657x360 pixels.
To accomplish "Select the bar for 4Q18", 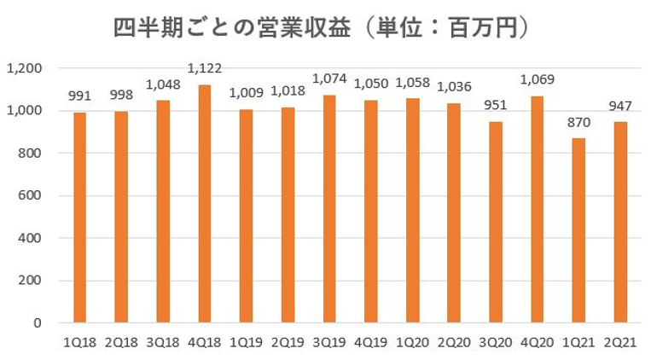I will pos(205,204).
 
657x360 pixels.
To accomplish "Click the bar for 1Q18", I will pos(78,218).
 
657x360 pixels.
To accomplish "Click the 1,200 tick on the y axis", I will pos(25,68).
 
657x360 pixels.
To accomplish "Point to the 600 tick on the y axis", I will pos(31,196).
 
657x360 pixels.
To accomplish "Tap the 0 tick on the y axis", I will pos(38,323).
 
